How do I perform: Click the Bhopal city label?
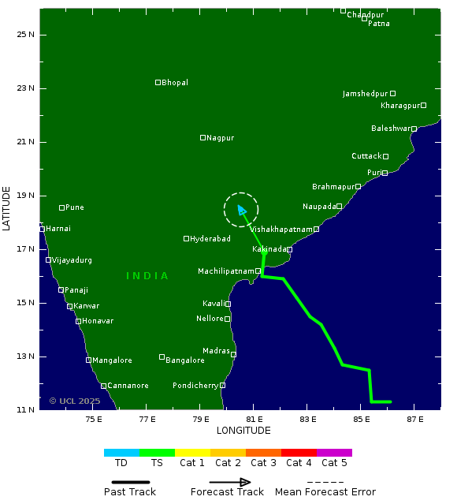tap(175, 83)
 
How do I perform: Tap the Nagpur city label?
tap(220, 138)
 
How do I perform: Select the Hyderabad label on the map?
tap(210, 239)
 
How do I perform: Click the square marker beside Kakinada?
tap(289, 249)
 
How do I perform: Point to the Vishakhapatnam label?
tap(281, 230)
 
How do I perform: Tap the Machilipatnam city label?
tap(225, 271)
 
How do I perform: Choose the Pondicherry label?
tap(195, 386)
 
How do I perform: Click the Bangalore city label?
tap(185, 360)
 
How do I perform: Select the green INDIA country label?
tap(147, 276)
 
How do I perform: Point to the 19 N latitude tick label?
tap(27, 196)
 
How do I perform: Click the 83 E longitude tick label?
tap(308, 419)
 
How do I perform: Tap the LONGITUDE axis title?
tap(243, 431)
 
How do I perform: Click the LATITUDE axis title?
tap(7, 208)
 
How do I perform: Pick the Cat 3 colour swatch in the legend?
tap(263, 453)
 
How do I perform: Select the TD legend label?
tap(121, 463)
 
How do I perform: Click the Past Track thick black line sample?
tap(125, 482)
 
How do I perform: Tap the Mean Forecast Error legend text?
tap(325, 492)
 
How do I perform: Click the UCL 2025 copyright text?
tap(76, 401)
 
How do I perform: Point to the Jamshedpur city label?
tap(365, 94)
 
